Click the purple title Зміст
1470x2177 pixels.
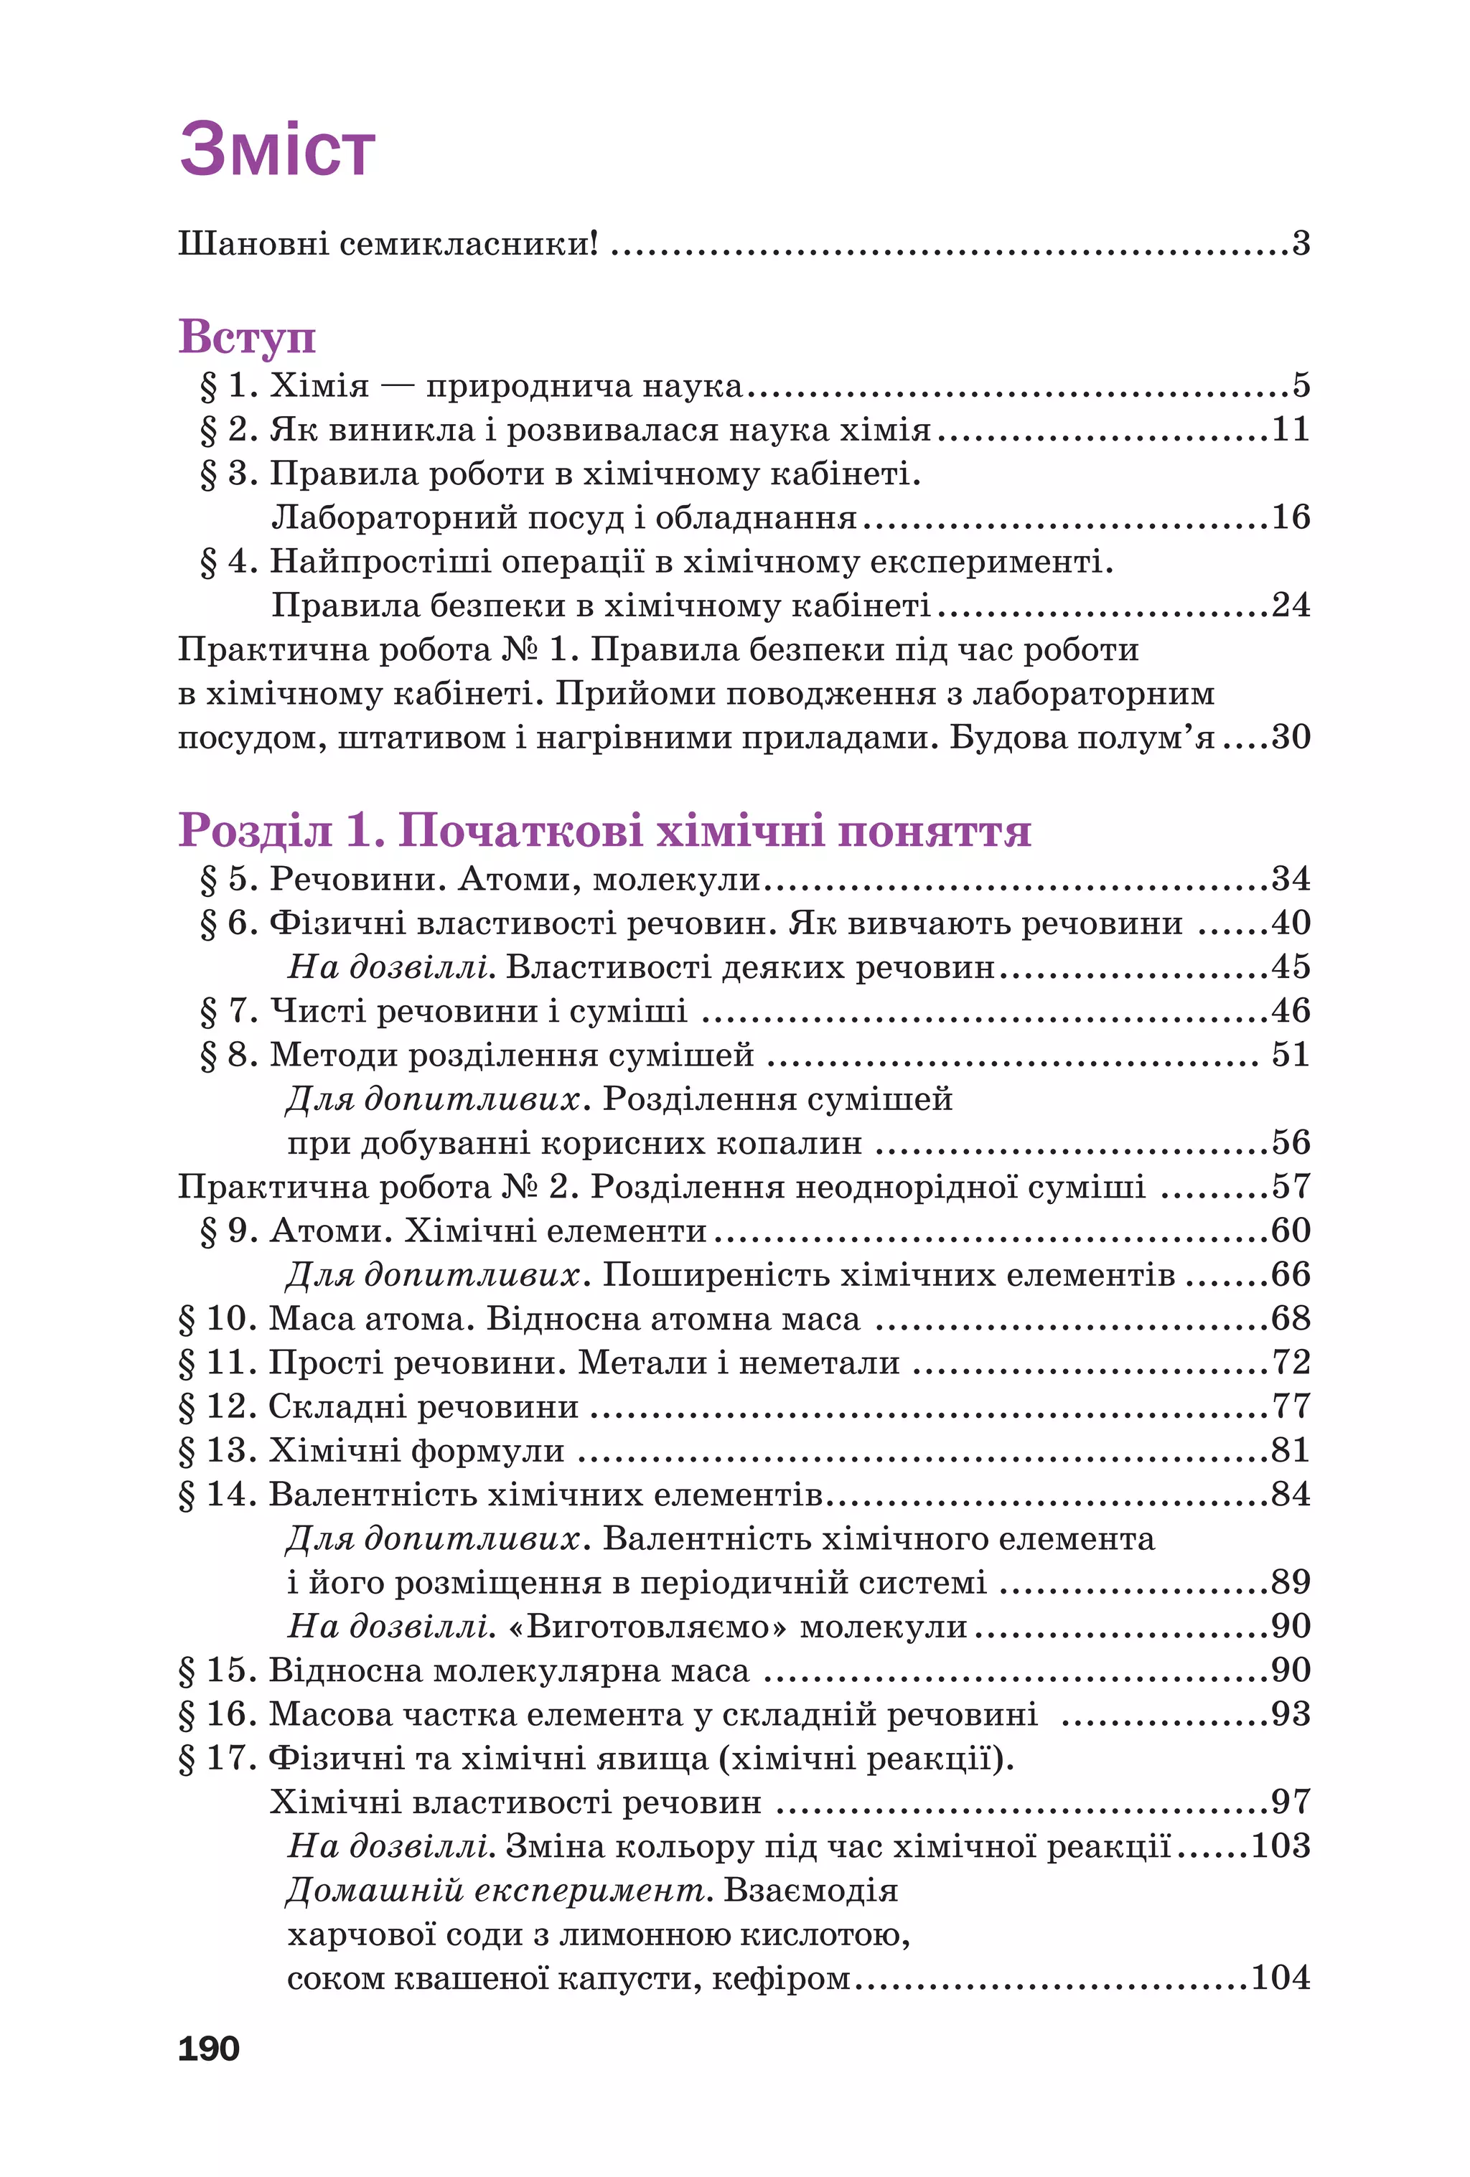pyautogui.click(x=277, y=150)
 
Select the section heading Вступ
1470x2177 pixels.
pyautogui.click(x=246, y=337)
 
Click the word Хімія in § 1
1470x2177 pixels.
pyautogui.click(x=319, y=385)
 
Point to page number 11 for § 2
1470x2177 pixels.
pyautogui.click(x=1290, y=429)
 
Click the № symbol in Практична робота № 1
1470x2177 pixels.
pyautogui.click(x=519, y=649)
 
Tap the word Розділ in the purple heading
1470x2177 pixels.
pyautogui.click(x=255, y=830)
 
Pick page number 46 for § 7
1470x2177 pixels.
pyautogui.click(x=1290, y=1011)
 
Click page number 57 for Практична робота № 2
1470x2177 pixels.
pyautogui.click(x=1290, y=1187)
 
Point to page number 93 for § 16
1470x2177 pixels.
pyautogui.click(x=1290, y=1714)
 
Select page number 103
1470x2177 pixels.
pyautogui.click(x=1280, y=1846)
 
